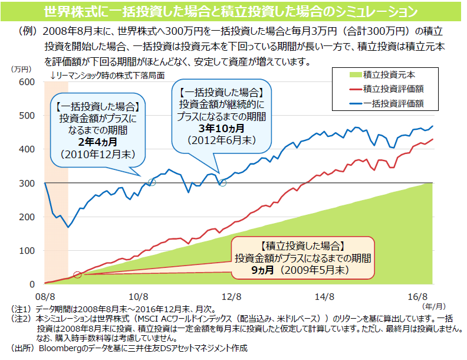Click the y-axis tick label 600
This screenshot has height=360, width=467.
28,81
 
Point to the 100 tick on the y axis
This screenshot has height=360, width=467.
28,251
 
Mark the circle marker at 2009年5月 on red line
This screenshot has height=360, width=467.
77,275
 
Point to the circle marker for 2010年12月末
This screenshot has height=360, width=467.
152,182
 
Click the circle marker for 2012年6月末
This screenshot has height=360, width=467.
222,183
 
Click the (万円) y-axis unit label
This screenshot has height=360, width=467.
21,69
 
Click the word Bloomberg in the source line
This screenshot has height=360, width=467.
62,348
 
